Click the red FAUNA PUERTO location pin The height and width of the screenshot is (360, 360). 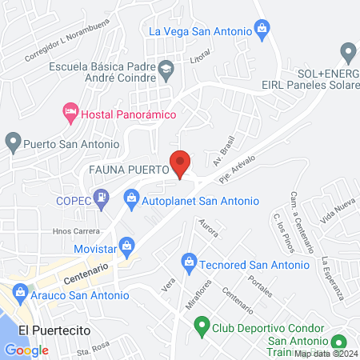pyautogui.click(x=181, y=163)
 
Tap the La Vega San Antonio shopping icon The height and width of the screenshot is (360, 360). pyautogui.click(x=262, y=32)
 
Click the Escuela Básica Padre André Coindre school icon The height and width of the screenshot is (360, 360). pyautogui.click(x=166, y=68)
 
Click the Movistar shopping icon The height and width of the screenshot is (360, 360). pyautogui.click(x=126, y=245)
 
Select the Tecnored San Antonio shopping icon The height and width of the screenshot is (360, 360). pyautogui.click(x=189, y=261)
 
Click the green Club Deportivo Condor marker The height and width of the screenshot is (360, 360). pyautogui.click(x=202, y=326)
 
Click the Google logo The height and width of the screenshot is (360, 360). pyautogui.click(x=26, y=350)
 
